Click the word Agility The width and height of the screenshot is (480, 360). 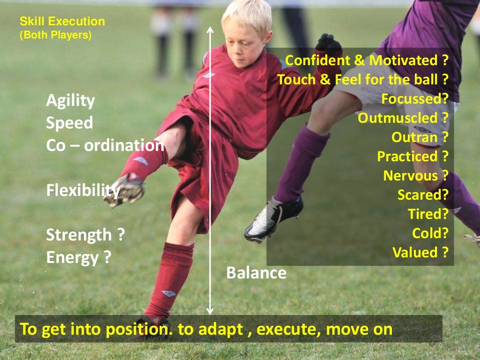click(70, 101)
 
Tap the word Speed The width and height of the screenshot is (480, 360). click(69, 123)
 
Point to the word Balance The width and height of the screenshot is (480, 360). click(256, 273)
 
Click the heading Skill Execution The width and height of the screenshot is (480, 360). click(62, 22)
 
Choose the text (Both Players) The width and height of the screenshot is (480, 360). click(55, 35)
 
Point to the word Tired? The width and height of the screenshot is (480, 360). click(428, 214)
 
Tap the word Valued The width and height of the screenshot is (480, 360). click(415, 253)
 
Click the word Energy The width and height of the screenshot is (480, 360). click(72, 257)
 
